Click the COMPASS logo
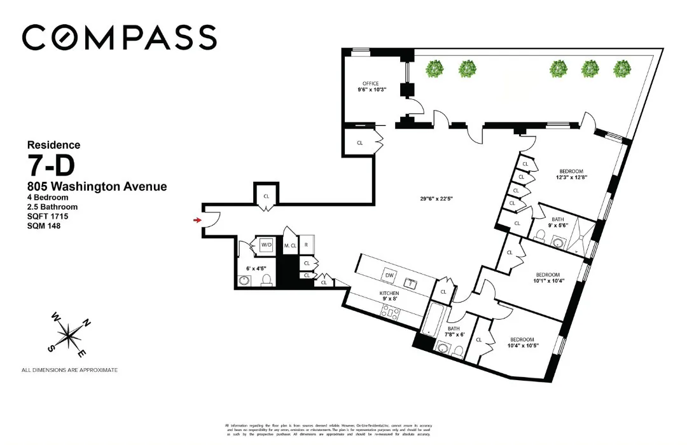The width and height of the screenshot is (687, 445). point(119,38)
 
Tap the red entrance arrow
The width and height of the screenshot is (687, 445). point(198,220)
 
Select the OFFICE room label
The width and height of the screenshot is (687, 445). point(371,83)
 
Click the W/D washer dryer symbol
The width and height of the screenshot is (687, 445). point(265,245)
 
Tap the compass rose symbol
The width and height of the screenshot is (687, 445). point(67,333)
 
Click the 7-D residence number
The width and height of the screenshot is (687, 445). point(51,166)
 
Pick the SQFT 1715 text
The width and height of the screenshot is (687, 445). point(48,216)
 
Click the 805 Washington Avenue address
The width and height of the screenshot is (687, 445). point(97,187)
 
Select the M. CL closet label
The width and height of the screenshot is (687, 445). point(291,245)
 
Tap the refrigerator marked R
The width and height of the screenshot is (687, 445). point(307,245)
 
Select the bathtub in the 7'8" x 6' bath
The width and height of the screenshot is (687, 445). point(435,322)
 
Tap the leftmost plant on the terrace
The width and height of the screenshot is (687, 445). point(435,67)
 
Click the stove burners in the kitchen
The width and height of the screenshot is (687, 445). point(389,311)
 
